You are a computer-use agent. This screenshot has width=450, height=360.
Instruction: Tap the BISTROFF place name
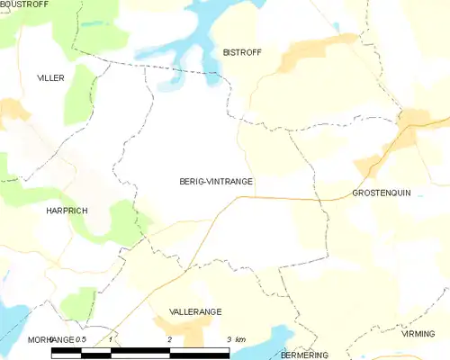click(x=242, y=53)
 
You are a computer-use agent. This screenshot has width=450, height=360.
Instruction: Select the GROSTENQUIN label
click(x=382, y=193)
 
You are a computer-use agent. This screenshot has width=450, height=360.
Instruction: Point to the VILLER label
click(x=50, y=78)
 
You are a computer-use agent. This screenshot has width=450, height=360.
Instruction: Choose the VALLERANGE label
click(x=195, y=311)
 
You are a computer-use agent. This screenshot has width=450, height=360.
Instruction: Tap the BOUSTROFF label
click(x=24, y=4)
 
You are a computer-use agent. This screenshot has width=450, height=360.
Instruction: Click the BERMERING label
click(x=303, y=355)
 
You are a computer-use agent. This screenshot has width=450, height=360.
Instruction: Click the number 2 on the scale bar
click(x=170, y=339)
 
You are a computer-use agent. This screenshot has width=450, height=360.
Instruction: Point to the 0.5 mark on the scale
click(x=80, y=338)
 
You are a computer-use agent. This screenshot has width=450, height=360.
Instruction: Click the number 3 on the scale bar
click(x=229, y=339)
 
